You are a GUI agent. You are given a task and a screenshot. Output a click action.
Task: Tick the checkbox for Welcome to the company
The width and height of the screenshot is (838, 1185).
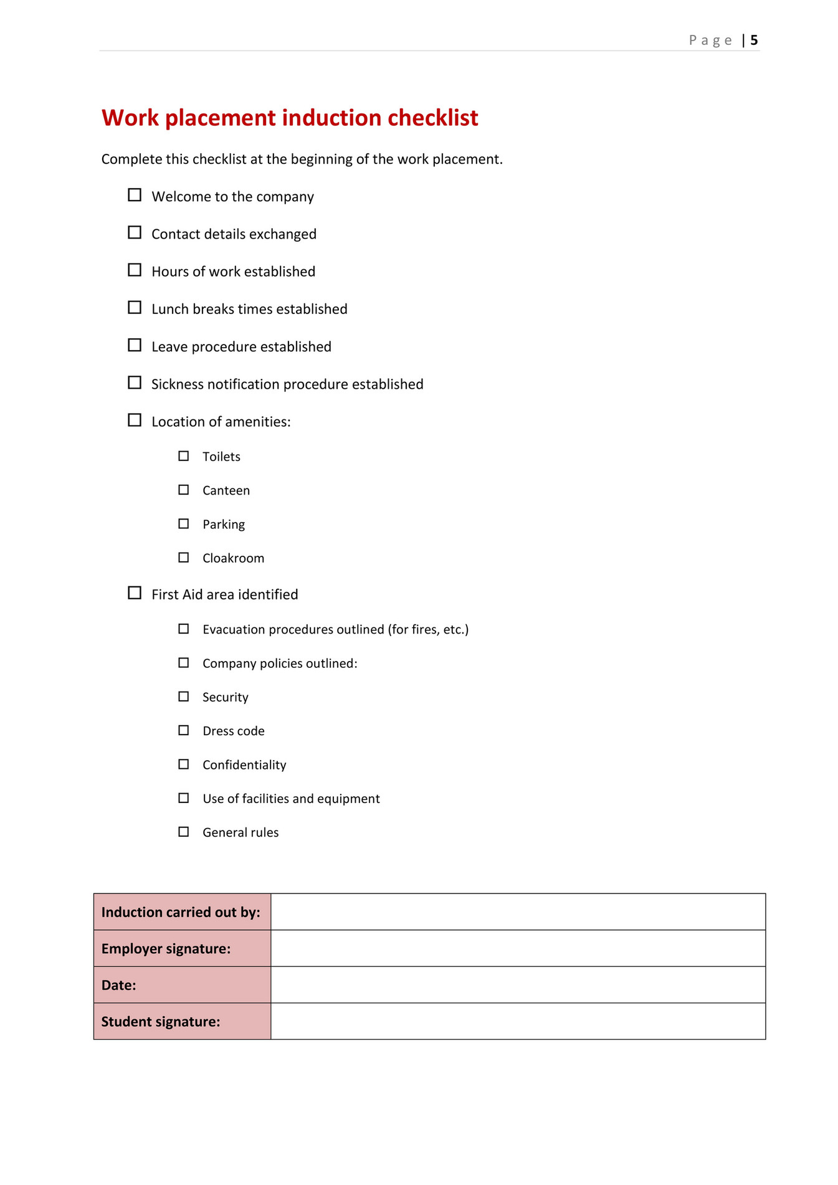[135, 195]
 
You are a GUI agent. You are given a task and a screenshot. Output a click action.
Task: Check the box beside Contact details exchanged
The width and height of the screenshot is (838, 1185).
[135, 232]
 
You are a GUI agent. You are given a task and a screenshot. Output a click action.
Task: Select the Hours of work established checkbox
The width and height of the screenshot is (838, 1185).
[135, 270]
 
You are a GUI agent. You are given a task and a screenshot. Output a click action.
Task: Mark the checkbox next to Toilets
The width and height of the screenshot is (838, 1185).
[184, 456]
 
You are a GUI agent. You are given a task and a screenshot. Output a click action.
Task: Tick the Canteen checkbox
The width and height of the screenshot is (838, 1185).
[184, 490]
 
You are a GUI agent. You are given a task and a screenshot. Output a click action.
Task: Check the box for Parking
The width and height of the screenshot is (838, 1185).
[184, 524]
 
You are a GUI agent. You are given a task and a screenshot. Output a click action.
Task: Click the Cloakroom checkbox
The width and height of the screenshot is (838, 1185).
[184, 558]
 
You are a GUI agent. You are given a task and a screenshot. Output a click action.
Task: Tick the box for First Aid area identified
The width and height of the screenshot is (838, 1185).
[135, 593]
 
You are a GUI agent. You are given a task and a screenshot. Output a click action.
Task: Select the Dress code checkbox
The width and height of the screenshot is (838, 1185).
[184, 730]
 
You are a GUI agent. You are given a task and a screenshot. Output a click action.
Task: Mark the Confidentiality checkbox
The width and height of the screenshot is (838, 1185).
[184, 764]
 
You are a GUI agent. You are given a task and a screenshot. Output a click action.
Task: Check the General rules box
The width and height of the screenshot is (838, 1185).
[184, 832]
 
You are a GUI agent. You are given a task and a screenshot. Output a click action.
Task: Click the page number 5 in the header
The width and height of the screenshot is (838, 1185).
[754, 40]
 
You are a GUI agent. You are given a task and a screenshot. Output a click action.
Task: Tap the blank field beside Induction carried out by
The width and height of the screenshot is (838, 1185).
[518, 912]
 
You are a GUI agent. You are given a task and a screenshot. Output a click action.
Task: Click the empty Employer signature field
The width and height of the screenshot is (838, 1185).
[518, 948]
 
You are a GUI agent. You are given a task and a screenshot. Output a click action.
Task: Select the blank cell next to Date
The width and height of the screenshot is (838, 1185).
[518, 985]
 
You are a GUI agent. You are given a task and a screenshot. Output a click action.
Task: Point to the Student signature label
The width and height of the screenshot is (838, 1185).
[161, 1022]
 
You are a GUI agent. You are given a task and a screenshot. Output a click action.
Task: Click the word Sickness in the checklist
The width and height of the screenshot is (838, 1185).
[177, 384]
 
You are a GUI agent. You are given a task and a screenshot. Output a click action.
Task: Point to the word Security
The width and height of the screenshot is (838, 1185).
[226, 697]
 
